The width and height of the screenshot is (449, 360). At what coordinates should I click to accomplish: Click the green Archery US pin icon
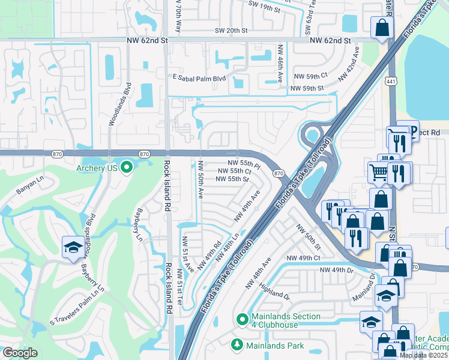click(x=126, y=167)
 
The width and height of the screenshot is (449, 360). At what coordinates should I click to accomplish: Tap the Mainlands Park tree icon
click(x=237, y=345)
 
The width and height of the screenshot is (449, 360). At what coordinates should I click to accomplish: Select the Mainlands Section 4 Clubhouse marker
click(x=242, y=320)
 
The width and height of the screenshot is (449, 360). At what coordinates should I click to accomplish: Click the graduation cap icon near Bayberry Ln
click(x=73, y=247)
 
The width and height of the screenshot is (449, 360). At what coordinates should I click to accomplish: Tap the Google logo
click(x=20, y=353)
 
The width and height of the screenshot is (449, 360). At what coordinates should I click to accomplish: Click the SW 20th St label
click(x=231, y=31)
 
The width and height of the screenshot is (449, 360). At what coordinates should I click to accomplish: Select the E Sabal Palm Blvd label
click(x=198, y=77)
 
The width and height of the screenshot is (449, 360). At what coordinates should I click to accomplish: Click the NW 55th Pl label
click(x=244, y=163)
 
